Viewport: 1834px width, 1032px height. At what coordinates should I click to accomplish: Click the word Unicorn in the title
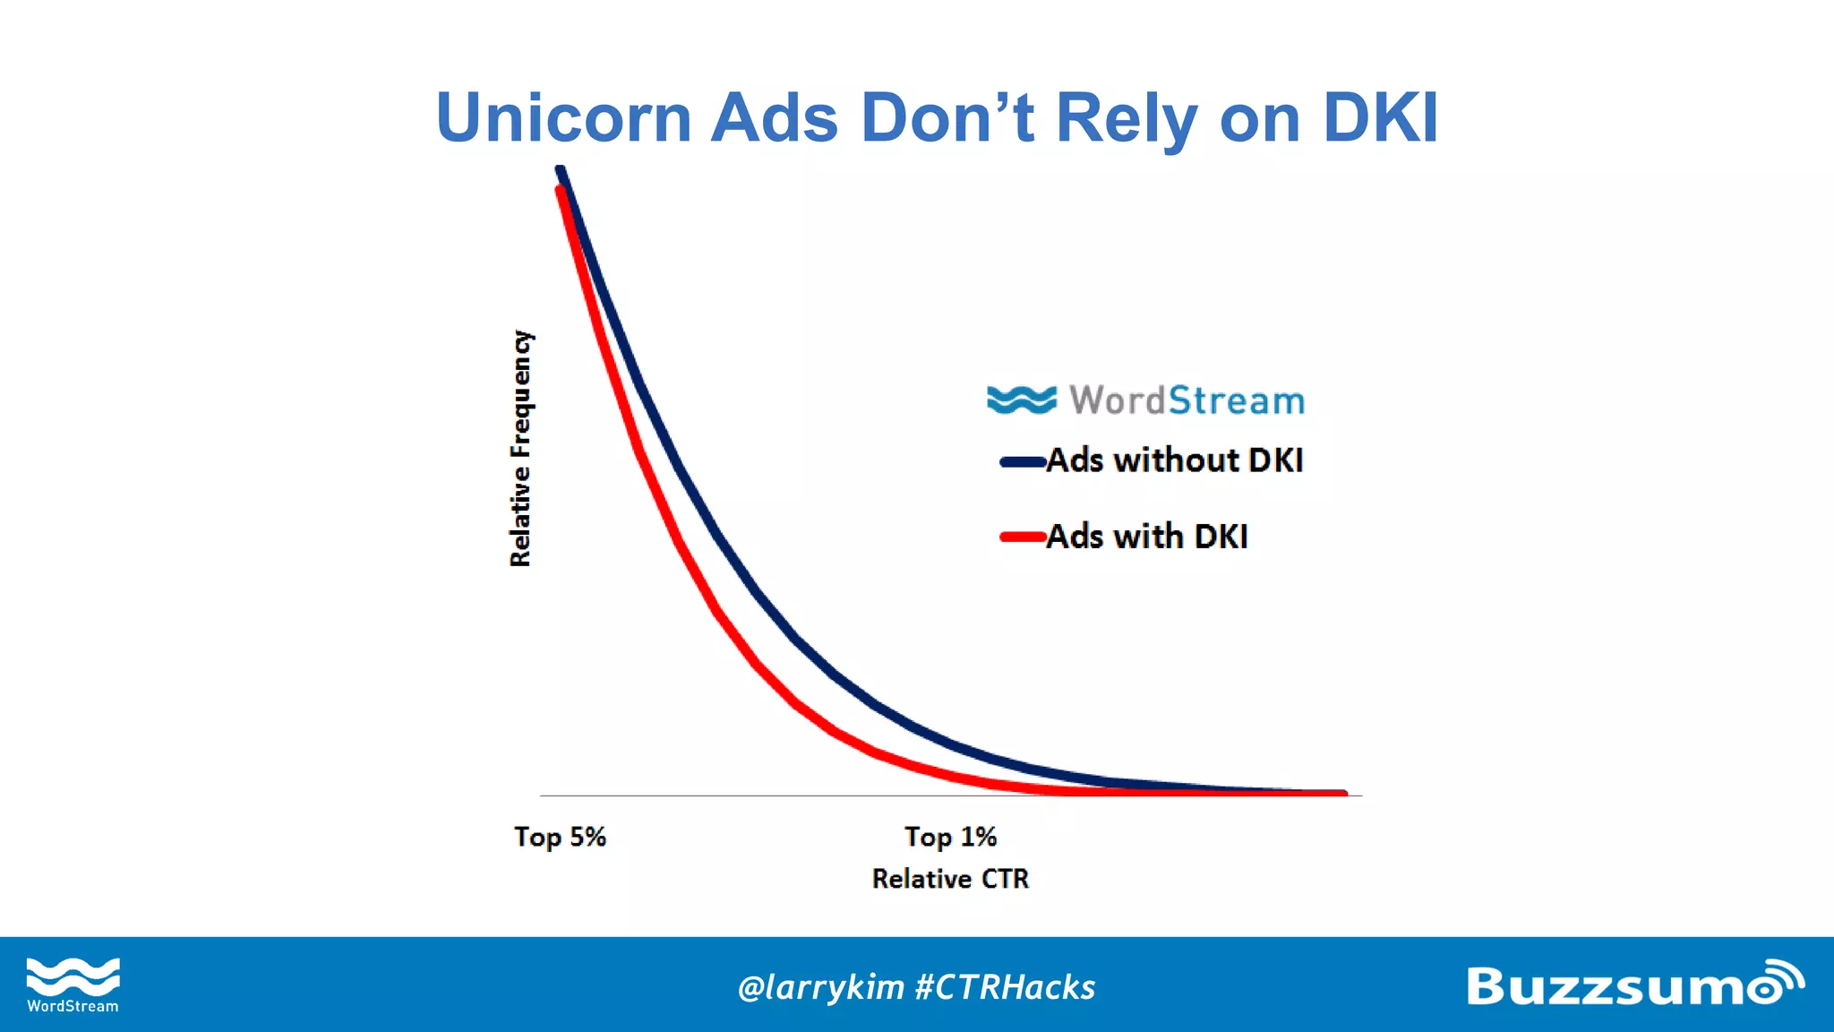pyautogui.click(x=563, y=117)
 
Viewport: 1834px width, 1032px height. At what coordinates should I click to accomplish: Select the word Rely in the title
pyautogui.click(x=1127, y=119)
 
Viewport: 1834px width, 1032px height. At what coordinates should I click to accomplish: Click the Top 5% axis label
pyautogui.click(x=560, y=837)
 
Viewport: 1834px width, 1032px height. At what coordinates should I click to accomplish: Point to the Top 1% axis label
pyautogui.click(x=950, y=837)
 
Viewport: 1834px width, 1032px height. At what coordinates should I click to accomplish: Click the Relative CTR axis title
pyautogui.click(x=950, y=879)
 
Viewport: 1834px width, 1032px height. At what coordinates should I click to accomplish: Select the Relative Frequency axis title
pyautogui.click(x=520, y=448)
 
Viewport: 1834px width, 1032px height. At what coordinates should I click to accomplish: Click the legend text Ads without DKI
pyautogui.click(x=1174, y=460)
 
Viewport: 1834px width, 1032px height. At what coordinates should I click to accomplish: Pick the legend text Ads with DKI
pyautogui.click(x=1146, y=537)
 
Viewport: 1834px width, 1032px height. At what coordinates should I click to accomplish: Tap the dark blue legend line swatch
pyautogui.click(x=1023, y=462)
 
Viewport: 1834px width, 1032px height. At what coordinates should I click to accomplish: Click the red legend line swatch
pyautogui.click(x=1023, y=537)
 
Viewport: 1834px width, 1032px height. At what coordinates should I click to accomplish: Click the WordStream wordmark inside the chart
pyautogui.click(x=1187, y=400)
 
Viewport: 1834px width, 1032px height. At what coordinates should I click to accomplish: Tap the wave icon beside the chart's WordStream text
pyautogui.click(x=1021, y=400)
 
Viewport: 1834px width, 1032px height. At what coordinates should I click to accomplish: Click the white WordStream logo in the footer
pyautogui.click(x=73, y=985)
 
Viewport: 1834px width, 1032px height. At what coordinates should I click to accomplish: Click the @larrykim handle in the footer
pyautogui.click(x=820, y=987)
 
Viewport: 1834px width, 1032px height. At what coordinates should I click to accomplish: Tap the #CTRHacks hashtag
pyautogui.click(x=1006, y=987)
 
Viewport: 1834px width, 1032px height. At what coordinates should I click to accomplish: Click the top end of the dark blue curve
pyautogui.click(x=561, y=169)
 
